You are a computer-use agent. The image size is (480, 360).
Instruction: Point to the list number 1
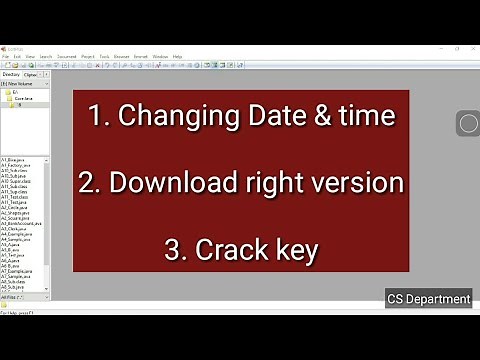coord(96,116)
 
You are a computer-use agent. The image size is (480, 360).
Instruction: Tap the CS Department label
coord(428,298)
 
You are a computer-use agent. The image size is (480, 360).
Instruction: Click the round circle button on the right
coord(468,124)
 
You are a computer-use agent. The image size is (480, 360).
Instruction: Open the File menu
coord(5,57)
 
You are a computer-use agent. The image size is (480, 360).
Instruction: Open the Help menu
coord(177,57)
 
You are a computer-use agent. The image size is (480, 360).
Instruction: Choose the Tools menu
coord(103,57)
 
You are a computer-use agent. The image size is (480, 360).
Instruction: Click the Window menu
coord(160,57)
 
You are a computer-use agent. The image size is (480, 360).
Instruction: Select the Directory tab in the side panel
coord(11,74)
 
